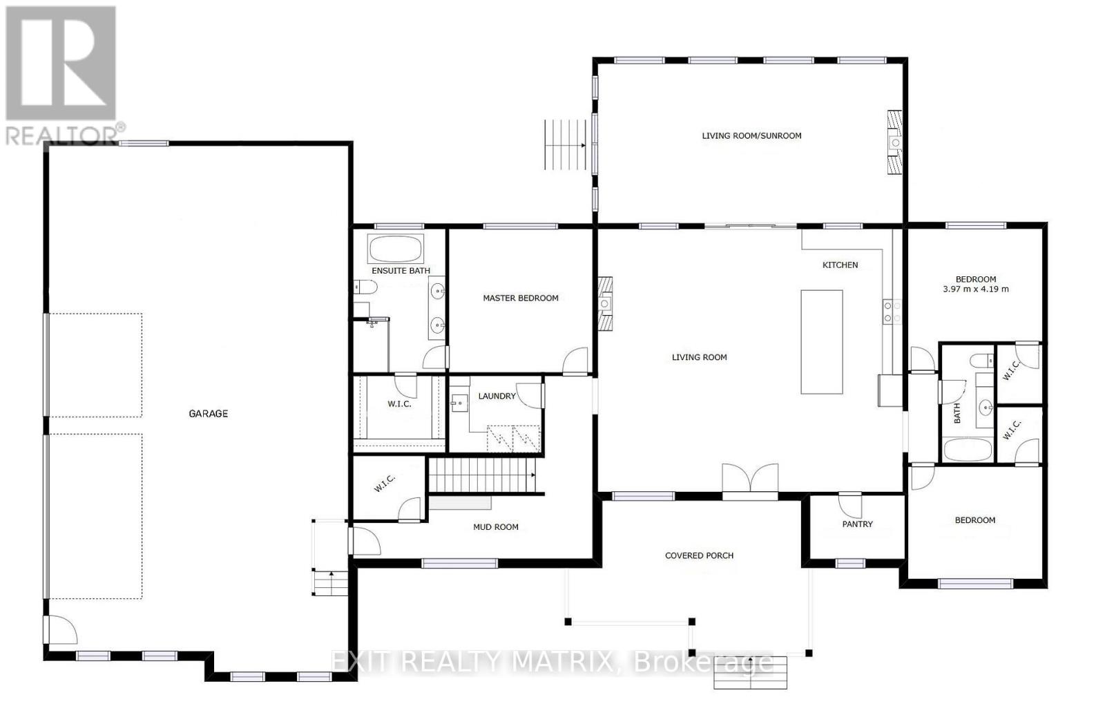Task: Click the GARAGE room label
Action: [208, 414]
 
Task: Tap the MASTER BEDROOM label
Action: [520, 298]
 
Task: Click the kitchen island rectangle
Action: [821, 342]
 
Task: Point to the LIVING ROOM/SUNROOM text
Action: [751, 136]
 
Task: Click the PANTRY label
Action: [857, 524]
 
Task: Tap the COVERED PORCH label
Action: [699, 555]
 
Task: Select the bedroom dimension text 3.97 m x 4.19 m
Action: [975, 289]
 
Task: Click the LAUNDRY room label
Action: [497, 397]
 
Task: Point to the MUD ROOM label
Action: [495, 527]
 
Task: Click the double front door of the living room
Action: [750, 479]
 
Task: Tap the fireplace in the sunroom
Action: [894, 142]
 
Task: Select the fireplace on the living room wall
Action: [605, 304]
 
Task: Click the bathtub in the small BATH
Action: [967, 450]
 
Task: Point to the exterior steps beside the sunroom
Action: [565, 144]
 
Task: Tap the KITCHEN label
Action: [840, 265]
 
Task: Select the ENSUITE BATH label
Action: [401, 271]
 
